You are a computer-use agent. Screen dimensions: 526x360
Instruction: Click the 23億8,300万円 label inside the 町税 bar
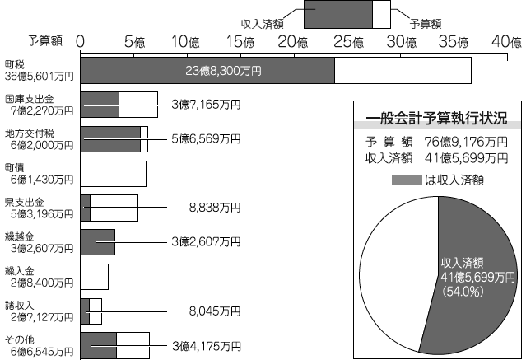pyautogui.click(x=223, y=71)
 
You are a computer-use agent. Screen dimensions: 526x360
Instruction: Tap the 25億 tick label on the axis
pyautogui.click(x=349, y=42)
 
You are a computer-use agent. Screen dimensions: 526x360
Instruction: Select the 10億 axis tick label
pyautogui.click(x=185, y=42)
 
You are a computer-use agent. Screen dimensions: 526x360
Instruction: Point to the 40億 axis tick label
pyautogui.click(x=507, y=42)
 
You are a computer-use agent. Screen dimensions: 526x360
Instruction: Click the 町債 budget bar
pyautogui.click(x=114, y=174)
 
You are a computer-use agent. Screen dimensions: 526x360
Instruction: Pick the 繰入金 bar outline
pyautogui.click(x=95, y=277)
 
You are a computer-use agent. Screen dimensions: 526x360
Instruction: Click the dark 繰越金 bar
pyautogui.click(x=98, y=242)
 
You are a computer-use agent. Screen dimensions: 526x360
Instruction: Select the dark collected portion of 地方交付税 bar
pyautogui.click(x=110, y=139)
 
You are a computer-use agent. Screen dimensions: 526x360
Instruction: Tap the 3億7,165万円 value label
pyautogui.click(x=206, y=105)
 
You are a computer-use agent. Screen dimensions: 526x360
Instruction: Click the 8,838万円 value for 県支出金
pyautogui.click(x=215, y=208)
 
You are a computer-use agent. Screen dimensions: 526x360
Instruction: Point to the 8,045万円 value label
pyautogui.click(x=215, y=311)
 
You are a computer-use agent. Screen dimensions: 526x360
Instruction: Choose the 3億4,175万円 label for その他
pyautogui.click(x=207, y=346)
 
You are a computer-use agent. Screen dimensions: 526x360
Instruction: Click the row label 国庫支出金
pyautogui.click(x=30, y=99)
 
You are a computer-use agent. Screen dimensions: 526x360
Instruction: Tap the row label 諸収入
pyautogui.click(x=20, y=306)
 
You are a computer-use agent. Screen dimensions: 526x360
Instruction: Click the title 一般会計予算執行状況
pyautogui.click(x=436, y=119)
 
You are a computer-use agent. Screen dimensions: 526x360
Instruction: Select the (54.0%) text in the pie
pyautogui.click(x=463, y=291)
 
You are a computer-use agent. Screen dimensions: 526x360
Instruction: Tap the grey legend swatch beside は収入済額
pyautogui.click(x=407, y=180)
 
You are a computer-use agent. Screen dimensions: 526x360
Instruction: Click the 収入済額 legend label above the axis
pyautogui.click(x=262, y=24)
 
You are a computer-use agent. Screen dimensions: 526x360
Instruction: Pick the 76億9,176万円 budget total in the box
pyautogui.click(x=466, y=142)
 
